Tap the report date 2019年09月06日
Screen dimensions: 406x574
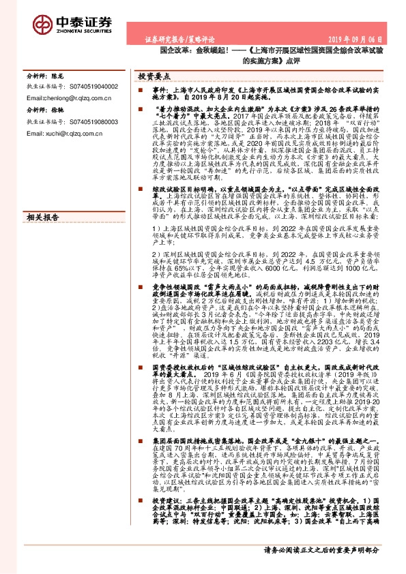[369, 40]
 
